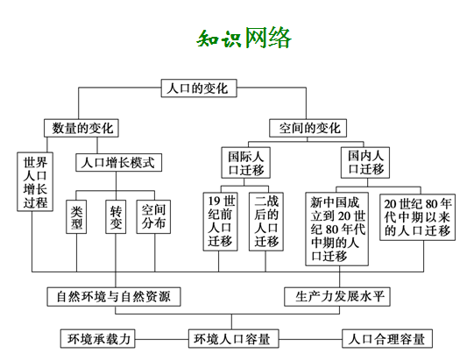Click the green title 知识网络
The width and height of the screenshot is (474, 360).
pyautogui.click(x=244, y=38)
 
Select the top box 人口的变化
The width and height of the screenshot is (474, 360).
pyautogui.click(x=199, y=88)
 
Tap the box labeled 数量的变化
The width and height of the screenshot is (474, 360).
pyautogui.click(x=81, y=128)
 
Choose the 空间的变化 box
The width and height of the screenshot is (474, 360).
pyautogui.click(x=308, y=128)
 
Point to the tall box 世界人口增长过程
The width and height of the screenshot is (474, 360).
pyautogui.click(x=35, y=181)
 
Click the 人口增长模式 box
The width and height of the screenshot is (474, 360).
pyautogui.click(x=118, y=163)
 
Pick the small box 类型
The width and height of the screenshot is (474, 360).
pyautogui.click(x=76, y=216)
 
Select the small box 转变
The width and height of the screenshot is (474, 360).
pyautogui.click(x=116, y=216)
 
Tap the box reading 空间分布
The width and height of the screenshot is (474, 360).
pyautogui.click(x=153, y=216)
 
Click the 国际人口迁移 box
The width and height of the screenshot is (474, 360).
pyautogui.click(x=246, y=163)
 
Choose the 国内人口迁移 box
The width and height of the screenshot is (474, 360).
pyautogui.click(x=365, y=163)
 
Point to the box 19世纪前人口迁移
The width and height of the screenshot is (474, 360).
pyautogui.click(x=221, y=222)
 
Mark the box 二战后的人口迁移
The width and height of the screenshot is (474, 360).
pyautogui.click(x=266, y=222)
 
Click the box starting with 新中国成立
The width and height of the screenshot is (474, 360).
pyautogui.click(x=337, y=229)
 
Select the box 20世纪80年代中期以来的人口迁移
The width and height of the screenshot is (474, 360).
pyautogui.click(x=417, y=217)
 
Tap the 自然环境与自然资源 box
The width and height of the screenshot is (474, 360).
pyautogui.click(x=114, y=297)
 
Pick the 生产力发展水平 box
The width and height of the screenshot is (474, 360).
pyautogui.click(x=337, y=297)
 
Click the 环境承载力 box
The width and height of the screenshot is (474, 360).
pyautogui.click(x=97, y=339)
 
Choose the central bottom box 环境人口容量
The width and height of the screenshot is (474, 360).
pyautogui.click(x=233, y=339)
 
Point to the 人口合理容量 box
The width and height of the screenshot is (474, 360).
pyautogui.click(x=387, y=339)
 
